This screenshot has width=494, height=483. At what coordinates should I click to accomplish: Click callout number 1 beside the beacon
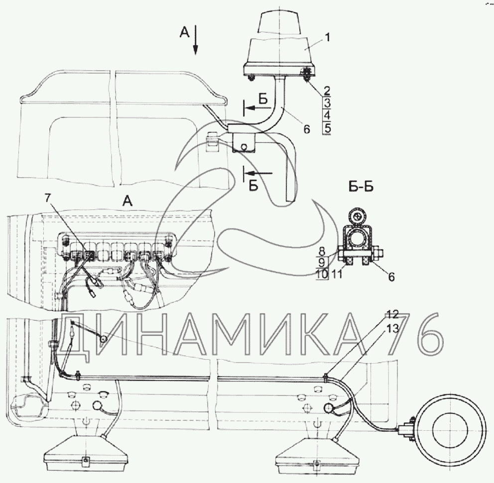(x=327, y=38)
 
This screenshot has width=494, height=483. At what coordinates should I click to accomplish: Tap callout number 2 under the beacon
(x=327, y=91)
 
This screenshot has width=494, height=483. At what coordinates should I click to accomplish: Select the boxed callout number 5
(x=327, y=129)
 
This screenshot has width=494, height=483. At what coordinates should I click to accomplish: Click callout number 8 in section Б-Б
(x=322, y=251)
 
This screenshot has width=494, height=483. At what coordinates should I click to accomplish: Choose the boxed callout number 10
(x=322, y=274)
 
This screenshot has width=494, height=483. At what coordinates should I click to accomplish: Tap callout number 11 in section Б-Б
(x=337, y=274)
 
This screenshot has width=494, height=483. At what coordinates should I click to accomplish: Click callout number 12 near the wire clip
(x=393, y=314)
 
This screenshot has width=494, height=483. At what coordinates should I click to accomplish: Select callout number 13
(x=393, y=328)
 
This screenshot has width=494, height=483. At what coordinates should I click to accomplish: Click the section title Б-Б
(x=361, y=187)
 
